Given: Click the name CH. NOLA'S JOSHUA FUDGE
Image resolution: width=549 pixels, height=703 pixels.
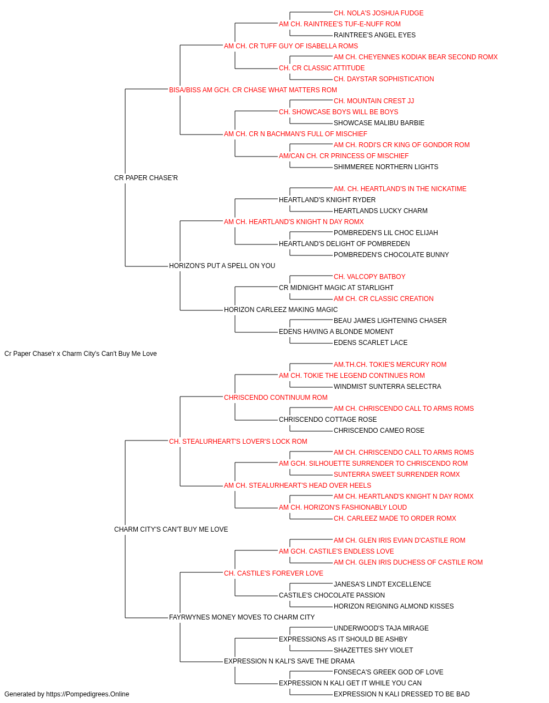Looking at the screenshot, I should (x=378, y=13).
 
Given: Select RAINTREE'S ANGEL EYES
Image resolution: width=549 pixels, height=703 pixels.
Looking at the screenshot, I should (x=374, y=35).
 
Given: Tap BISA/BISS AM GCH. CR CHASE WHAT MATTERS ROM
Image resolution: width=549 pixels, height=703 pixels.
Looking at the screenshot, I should (x=253, y=90).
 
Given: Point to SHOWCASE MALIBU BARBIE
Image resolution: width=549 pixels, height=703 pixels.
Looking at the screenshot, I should (x=379, y=123).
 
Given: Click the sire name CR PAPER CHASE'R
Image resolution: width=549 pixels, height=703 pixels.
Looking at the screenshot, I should (x=145, y=178).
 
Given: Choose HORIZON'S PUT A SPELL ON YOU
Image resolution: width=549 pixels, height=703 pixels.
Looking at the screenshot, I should (x=222, y=266).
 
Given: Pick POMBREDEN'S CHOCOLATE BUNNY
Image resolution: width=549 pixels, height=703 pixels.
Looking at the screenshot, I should (x=391, y=255).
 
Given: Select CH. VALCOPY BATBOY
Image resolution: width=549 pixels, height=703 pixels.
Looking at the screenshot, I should (x=369, y=277).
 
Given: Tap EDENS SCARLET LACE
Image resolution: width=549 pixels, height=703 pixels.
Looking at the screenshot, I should (x=371, y=343).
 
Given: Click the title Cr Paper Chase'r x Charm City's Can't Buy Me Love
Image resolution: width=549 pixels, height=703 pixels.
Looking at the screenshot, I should (x=81, y=354).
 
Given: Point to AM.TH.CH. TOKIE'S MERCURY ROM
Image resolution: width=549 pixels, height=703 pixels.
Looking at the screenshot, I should (x=390, y=365).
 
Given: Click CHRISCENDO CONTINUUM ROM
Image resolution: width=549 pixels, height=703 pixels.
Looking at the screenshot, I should (x=276, y=398).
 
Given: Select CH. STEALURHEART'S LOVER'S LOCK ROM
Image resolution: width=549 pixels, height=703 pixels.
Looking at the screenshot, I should (x=238, y=442).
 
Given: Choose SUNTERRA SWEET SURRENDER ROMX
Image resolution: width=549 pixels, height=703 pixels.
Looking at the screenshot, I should (x=396, y=475).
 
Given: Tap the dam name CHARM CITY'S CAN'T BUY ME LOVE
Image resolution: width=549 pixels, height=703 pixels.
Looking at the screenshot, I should (x=171, y=529).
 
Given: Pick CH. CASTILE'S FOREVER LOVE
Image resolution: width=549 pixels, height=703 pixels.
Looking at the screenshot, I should (x=273, y=573).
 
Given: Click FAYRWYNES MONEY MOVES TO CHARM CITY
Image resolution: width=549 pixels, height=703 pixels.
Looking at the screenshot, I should (x=242, y=617).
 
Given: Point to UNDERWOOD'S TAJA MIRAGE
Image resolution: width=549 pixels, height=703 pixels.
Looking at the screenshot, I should (x=381, y=628).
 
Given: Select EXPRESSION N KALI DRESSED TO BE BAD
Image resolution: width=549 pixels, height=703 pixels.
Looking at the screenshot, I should (x=401, y=694).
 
